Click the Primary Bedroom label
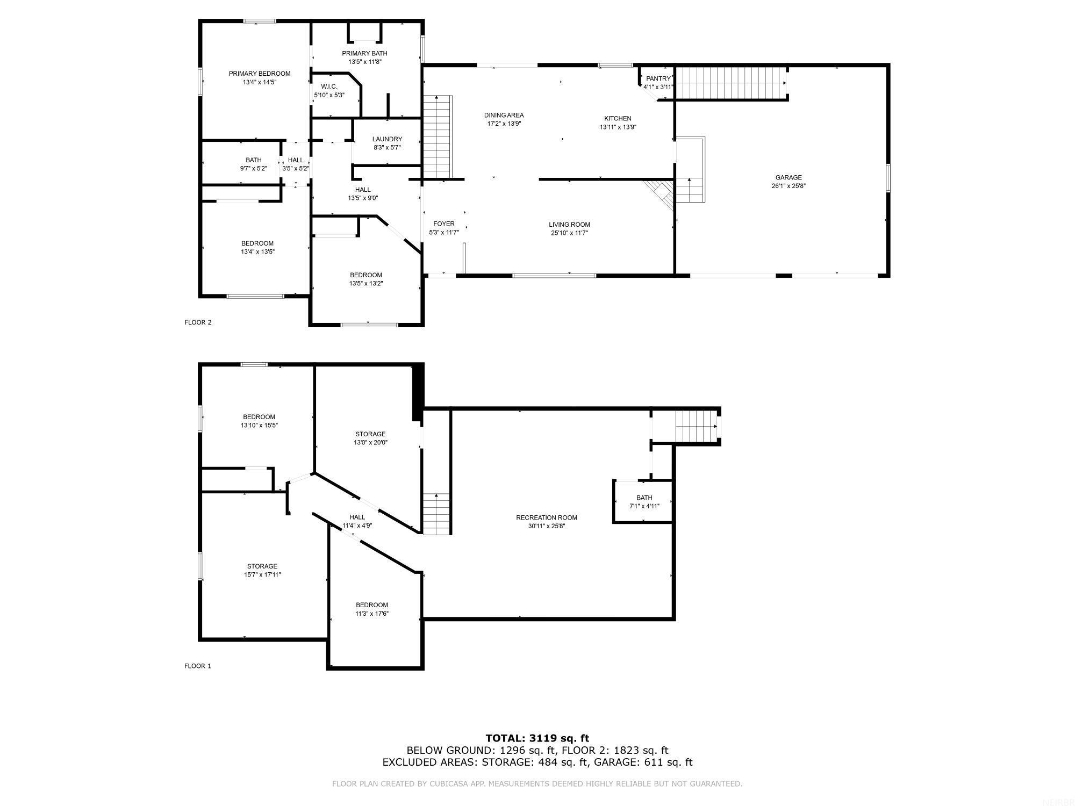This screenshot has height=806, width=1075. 259,74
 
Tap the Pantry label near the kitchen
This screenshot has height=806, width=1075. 658,79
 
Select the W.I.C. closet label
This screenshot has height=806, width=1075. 329,87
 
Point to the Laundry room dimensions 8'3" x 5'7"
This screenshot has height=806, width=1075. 387,147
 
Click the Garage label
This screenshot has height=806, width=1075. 788,177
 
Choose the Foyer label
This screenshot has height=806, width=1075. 443,224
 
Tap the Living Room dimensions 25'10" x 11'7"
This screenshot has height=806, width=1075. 569,233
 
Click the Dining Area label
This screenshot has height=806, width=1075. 503,115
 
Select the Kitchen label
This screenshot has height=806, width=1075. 618,118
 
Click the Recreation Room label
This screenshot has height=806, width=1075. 546,517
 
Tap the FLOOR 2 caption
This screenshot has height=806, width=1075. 198,322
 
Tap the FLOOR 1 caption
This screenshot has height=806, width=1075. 198,666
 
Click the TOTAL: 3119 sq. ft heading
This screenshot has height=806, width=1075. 537,738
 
